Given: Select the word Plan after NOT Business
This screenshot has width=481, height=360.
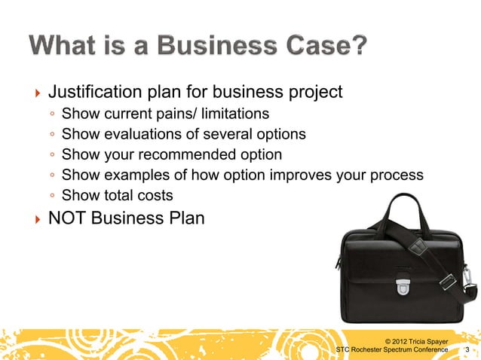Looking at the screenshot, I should (183, 219).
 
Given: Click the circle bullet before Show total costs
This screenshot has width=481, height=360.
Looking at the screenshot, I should (51, 197).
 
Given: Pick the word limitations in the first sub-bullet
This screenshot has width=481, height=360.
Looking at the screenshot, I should (235, 114).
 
